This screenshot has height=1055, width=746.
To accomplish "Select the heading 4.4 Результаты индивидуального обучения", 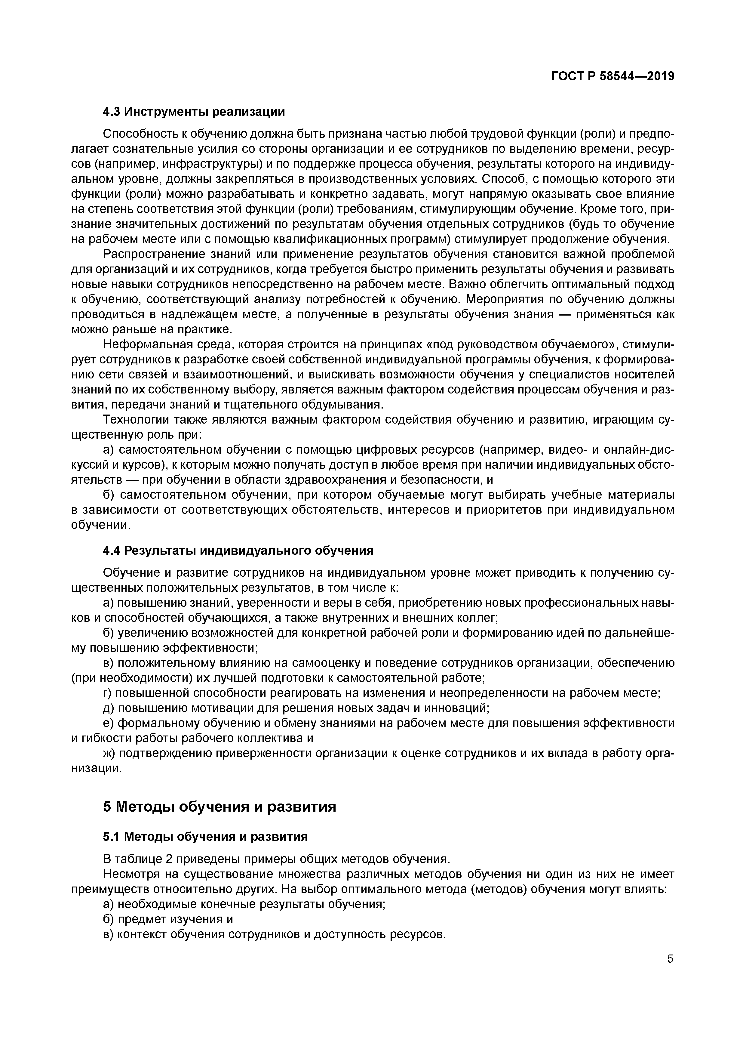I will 238,551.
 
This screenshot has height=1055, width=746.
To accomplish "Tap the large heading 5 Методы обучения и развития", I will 220,807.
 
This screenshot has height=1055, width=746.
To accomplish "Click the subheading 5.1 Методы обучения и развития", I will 205,837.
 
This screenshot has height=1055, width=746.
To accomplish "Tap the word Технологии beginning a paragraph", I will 135,420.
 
